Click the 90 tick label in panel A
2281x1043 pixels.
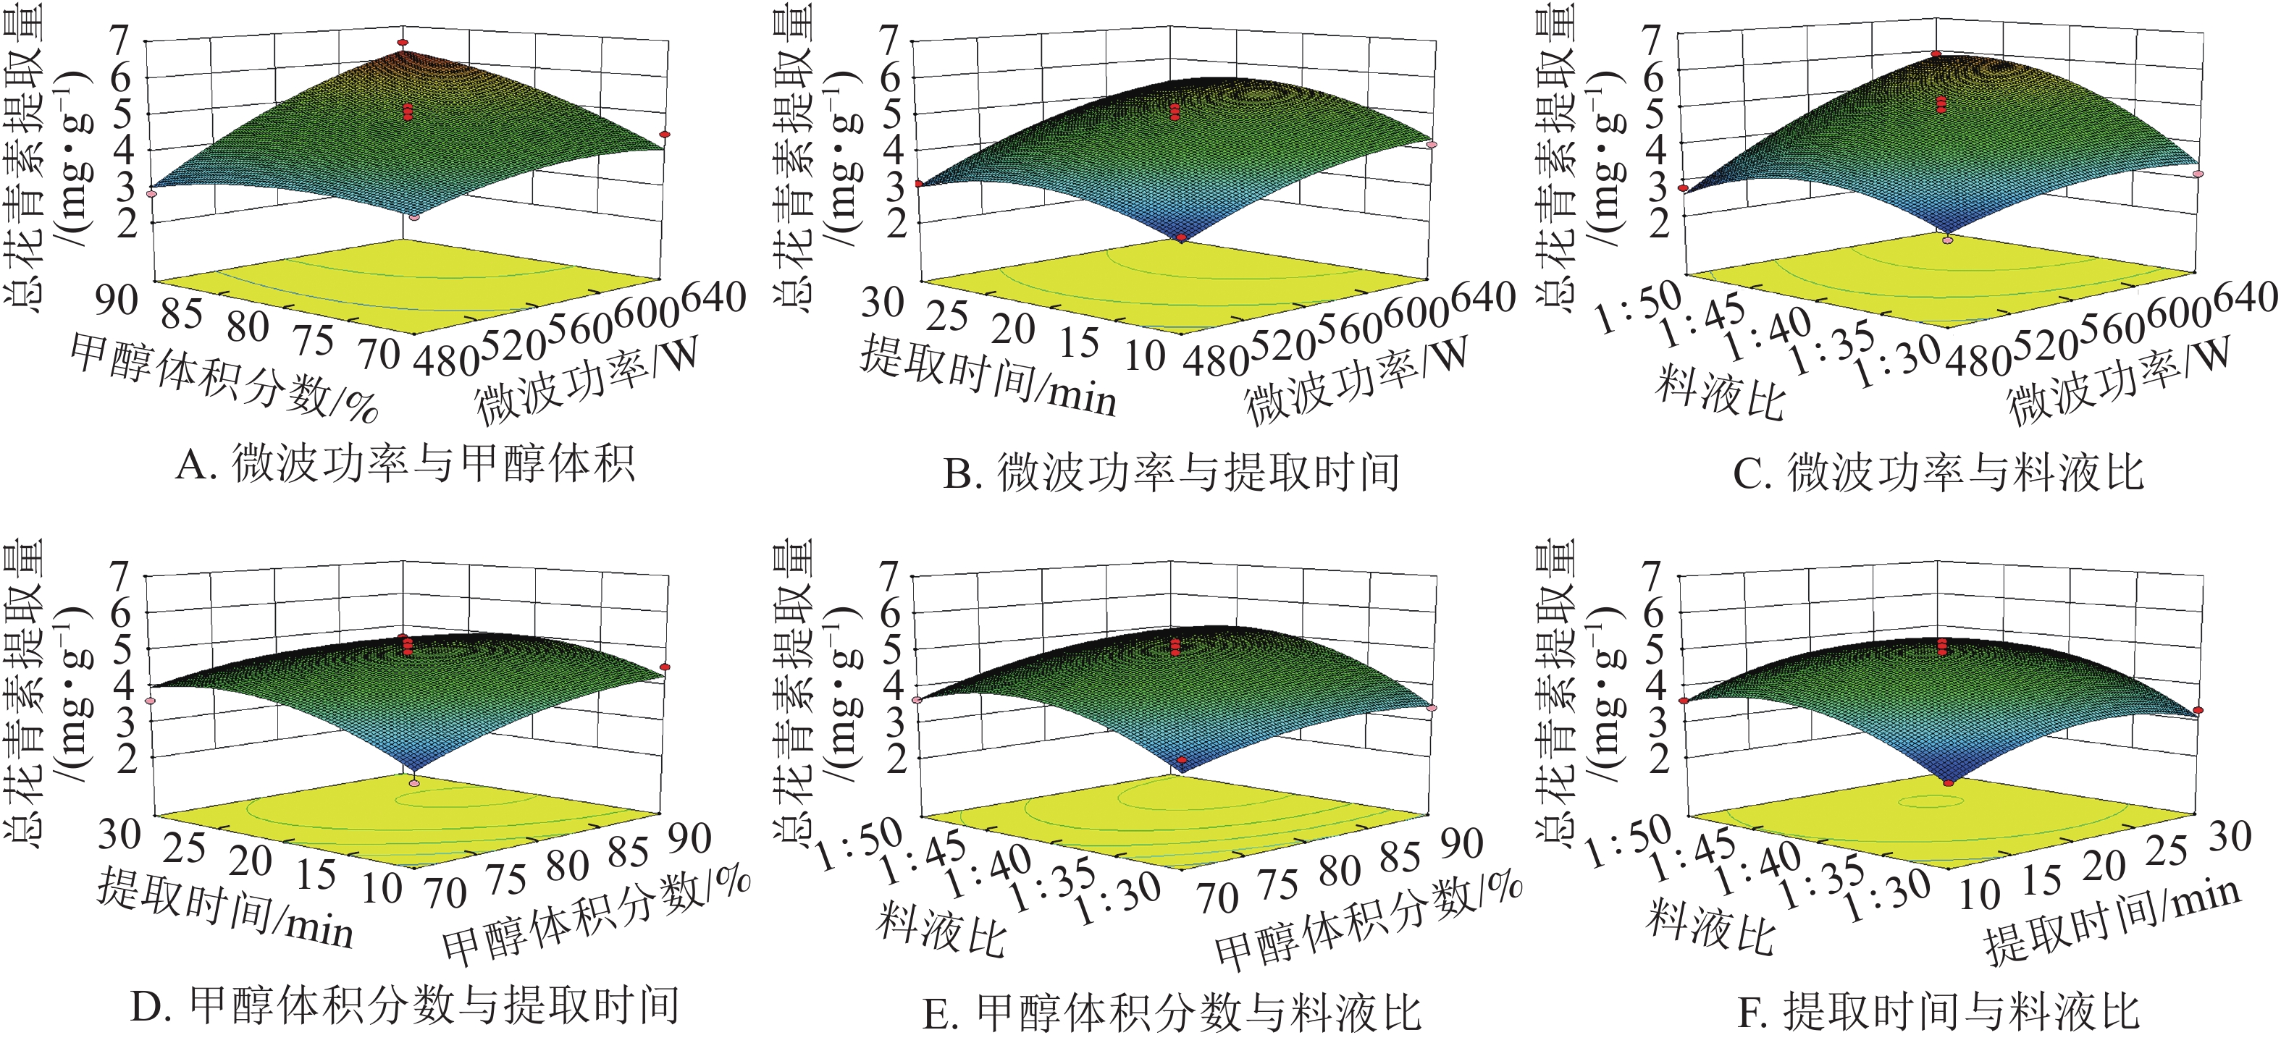[117, 301]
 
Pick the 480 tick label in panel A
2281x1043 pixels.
[446, 360]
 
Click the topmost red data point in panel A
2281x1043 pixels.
[403, 43]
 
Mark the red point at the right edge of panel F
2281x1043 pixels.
[2198, 710]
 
